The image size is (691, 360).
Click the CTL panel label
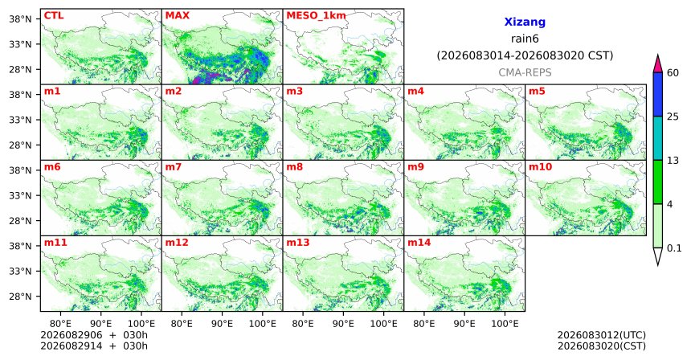[x=54, y=15]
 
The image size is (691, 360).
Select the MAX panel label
[x=177, y=15]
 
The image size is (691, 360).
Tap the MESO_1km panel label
[x=316, y=16]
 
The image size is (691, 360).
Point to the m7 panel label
[x=173, y=167]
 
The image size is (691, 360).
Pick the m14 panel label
[x=419, y=243]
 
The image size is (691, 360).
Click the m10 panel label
[x=540, y=167]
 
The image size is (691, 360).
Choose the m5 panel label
[x=537, y=92]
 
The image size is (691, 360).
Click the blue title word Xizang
[x=525, y=22]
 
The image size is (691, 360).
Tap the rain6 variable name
[x=525, y=39]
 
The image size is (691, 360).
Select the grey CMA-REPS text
[x=525, y=72]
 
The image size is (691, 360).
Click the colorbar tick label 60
[x=673, y=72]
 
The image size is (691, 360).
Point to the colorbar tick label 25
[x=673, y=117]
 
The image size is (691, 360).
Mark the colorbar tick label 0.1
[x=674, y=248]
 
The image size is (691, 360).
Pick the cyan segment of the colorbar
[x=657, y=138]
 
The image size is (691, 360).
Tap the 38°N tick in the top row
[x=20, y=19]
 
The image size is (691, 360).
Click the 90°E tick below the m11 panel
[x=100, y=324]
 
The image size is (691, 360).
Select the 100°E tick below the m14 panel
[x=505, y=324]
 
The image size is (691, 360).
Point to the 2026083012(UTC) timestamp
[x=602, y=336]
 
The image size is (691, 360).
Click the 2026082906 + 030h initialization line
[x=94, y=336]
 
